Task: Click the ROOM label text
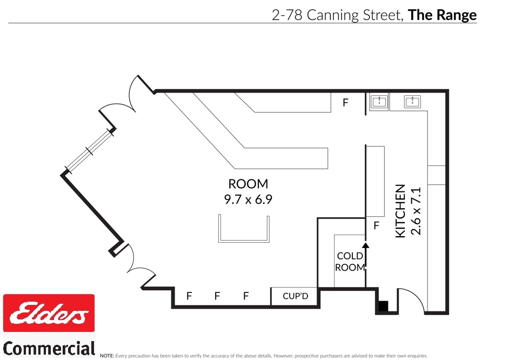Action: coord(248,184)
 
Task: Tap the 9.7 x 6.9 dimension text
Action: coord(248,199)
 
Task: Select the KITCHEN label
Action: coord(400,211)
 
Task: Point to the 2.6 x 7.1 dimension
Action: coord(415,211)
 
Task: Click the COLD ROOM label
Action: coord(350,261)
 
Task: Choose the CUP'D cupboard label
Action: coord(295,296)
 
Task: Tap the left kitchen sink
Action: coord(379,101)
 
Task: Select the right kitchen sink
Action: coord(416,101)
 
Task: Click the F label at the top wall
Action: coord(346,102)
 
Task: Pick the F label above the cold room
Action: coord(377,225)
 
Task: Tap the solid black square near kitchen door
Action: coord(383,307)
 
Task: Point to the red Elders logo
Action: coord(49,314)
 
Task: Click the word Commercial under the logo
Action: coord(49,348)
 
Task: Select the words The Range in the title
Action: coord(442,15)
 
